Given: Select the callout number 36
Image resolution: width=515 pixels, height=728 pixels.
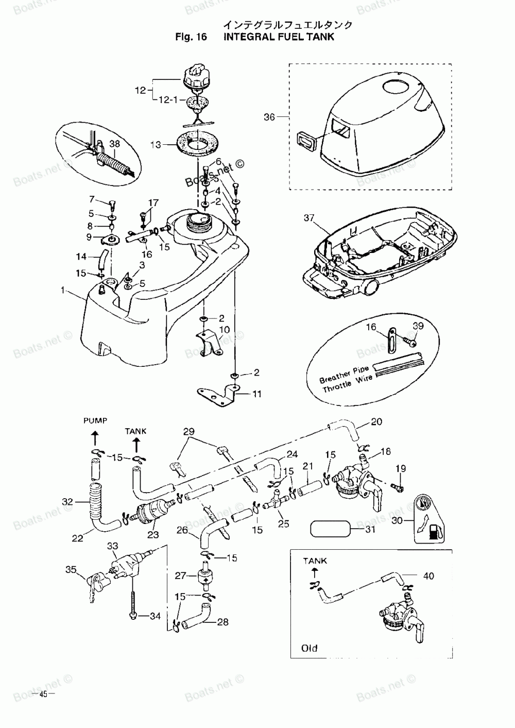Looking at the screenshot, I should click(x=270, y=117).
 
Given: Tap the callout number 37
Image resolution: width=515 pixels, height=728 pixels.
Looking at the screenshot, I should click(x=309, y=218).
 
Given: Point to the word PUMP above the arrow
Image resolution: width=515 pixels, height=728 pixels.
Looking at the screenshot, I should click(x=95, y=421).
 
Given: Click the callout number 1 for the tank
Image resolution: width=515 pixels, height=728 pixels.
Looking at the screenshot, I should click(x=63, y=291).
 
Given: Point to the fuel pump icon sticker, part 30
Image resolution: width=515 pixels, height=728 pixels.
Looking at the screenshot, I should click(x=429, y=520).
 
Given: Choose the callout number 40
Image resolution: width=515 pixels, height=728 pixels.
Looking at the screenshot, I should click(x=428, y=577).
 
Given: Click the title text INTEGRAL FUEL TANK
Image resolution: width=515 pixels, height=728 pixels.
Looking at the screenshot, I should click(x=279, y=37).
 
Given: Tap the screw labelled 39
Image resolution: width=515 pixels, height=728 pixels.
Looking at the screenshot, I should click(x=411, y=341).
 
